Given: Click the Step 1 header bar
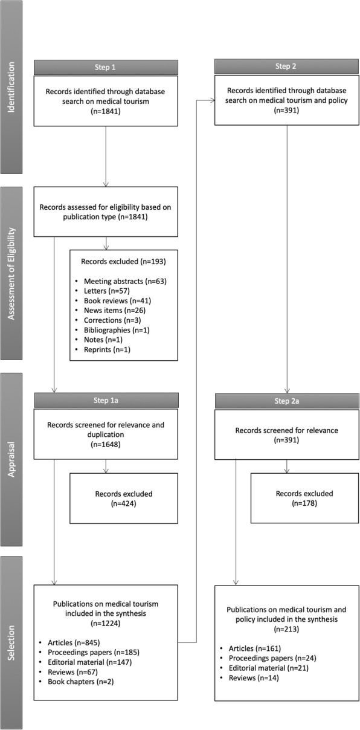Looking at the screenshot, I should pyautogui.click(x=106, y=67).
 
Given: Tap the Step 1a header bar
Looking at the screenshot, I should pyautogui.click(x=106, y=400).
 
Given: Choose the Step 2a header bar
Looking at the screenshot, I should pyautogui.click(x=287, y=400).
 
